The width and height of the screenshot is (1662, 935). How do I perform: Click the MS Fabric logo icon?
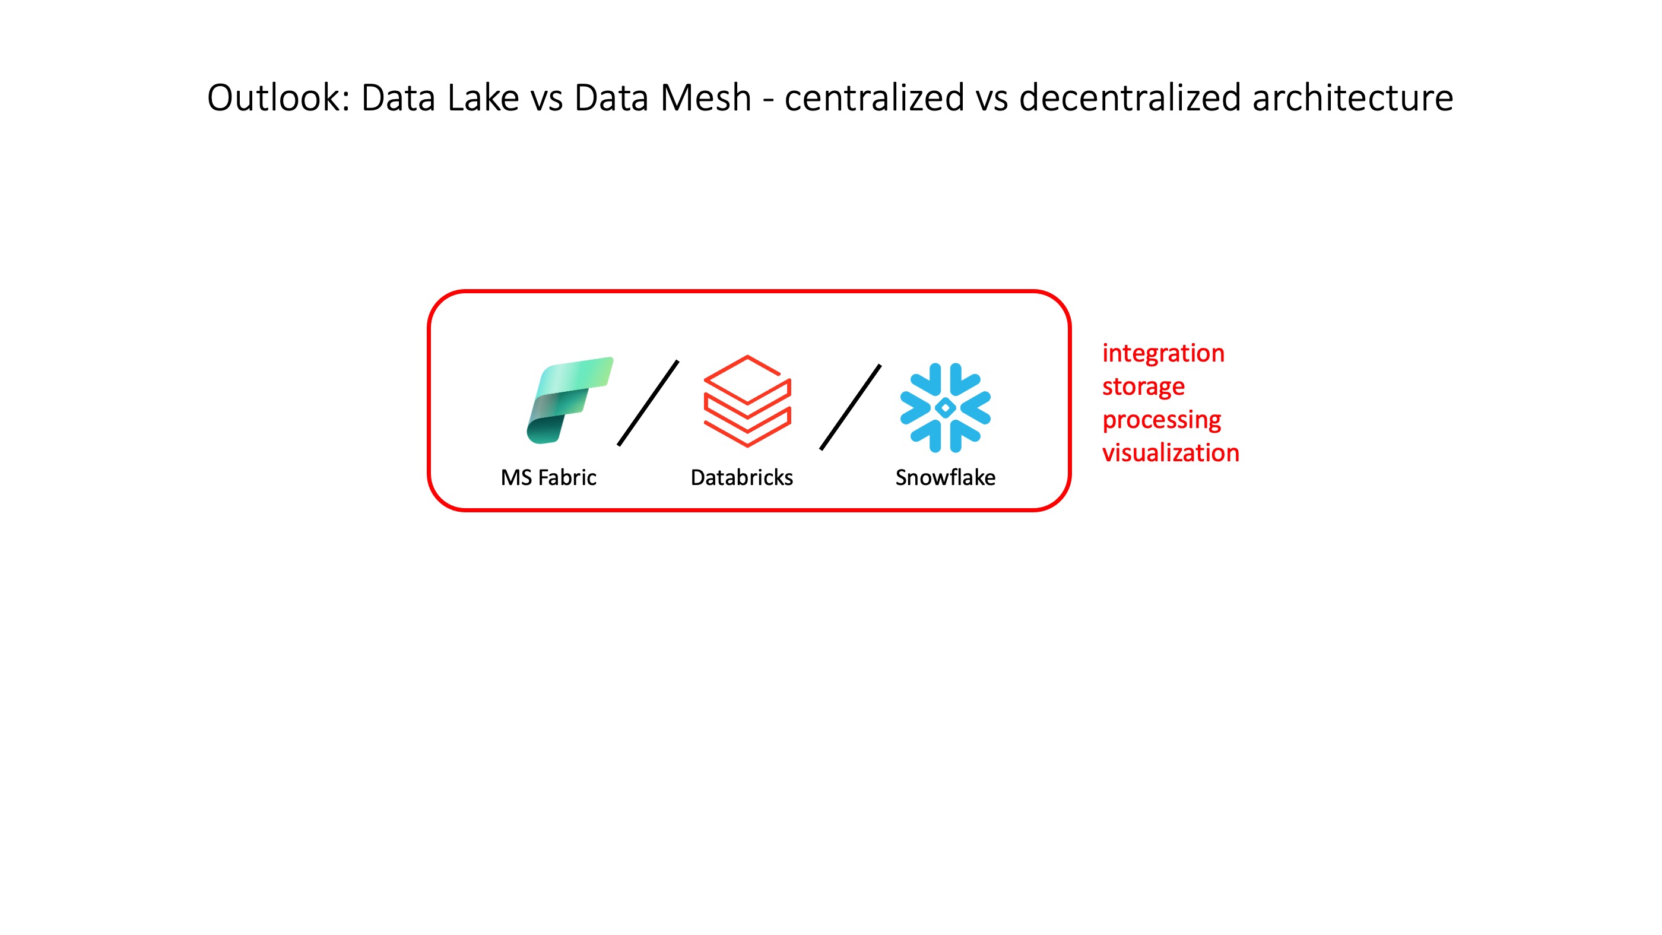click(569, 400)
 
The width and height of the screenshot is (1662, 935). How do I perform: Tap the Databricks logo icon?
click(747, 401)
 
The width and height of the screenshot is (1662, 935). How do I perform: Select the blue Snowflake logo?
click(945, 408)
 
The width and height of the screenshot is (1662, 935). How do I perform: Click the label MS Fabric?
click(548, 477)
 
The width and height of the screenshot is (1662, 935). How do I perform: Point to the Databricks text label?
click(741, 477)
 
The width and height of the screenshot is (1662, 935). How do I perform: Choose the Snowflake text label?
click(945, 477)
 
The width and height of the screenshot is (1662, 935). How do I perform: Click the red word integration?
click(1163, 354)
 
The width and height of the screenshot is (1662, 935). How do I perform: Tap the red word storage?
click(1143, 386)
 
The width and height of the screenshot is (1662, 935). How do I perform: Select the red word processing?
click(1162, 420)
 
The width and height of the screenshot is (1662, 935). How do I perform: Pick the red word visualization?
click(1171, 453)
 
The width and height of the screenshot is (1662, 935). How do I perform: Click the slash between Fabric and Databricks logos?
click(648, 403)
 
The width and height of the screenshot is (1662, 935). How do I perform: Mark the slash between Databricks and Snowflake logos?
click(851, 407)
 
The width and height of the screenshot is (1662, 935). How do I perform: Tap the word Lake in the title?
click(483, 98)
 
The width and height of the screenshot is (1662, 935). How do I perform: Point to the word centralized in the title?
click(874, 98)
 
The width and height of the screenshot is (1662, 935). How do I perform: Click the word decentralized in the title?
click(1130, 98)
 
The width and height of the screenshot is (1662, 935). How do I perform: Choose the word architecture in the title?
click(1352, 98)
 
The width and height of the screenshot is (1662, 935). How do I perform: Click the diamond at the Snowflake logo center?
click(945, 408)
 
